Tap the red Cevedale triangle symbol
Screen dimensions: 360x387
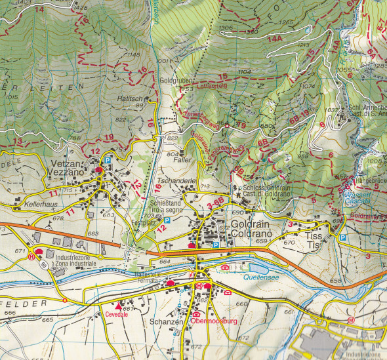coord(118,306)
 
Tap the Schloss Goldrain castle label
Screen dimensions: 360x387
coord(266,190)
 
